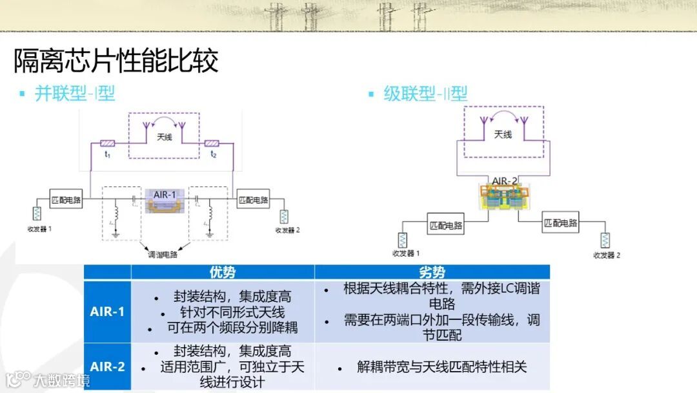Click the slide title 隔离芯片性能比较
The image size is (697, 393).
coord(116,61)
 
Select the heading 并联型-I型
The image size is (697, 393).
coord(74,93)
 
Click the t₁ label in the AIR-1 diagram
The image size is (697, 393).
coord(108,154)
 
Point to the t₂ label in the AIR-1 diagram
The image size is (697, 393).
coord(213,154)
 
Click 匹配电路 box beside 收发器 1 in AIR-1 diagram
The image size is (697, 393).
coord(66,200)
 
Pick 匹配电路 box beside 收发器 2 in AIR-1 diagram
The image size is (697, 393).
coord(252,200)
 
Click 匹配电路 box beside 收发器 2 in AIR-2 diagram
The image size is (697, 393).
coord(560,223)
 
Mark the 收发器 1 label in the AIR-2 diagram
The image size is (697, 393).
coord(406,253)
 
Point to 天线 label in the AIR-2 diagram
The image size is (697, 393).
coord(503,134)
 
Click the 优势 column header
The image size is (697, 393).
coord(223,272)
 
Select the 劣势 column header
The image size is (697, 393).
coord(432,272)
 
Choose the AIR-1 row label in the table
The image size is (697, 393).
coord(107,312)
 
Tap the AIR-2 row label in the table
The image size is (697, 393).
coord(107,366)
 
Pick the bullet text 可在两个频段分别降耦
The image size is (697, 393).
coord(232,327)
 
